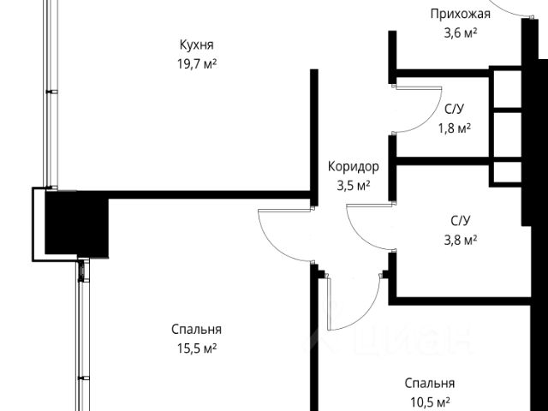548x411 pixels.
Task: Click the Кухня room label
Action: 196,45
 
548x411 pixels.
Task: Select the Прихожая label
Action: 460,15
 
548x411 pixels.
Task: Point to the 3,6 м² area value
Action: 460,33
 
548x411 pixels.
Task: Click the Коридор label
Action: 353,168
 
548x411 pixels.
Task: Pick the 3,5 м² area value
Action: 353,185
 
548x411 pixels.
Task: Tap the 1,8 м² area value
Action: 455,128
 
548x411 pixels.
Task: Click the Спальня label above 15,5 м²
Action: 196,330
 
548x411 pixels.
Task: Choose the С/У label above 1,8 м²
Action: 455,110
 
